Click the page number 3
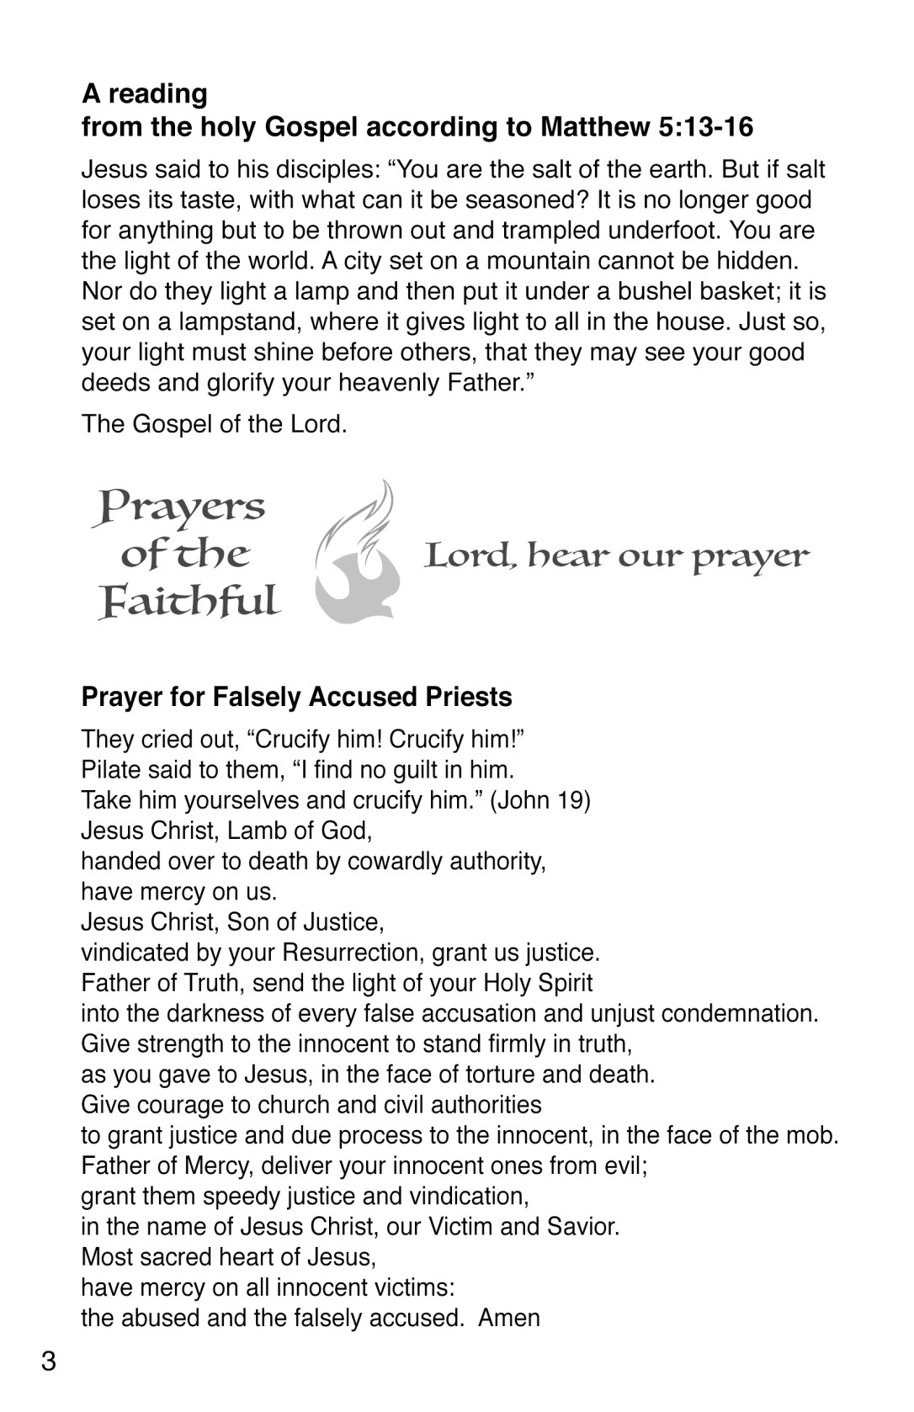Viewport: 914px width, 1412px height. point(48,1361)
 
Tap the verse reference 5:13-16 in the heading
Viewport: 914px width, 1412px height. point(702,127)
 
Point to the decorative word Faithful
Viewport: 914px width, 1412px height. point(189,602)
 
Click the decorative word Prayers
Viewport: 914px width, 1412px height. point(180,508)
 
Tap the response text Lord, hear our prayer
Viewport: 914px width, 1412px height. point(616,556)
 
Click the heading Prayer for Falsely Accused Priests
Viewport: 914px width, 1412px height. point(296,697)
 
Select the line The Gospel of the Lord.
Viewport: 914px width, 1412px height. point(214,423)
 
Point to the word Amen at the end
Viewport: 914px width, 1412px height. point(509,1317)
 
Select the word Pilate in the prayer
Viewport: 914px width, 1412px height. point(108,769)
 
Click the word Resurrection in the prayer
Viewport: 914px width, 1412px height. point(353,953)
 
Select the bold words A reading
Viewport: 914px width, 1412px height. point(144,93)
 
